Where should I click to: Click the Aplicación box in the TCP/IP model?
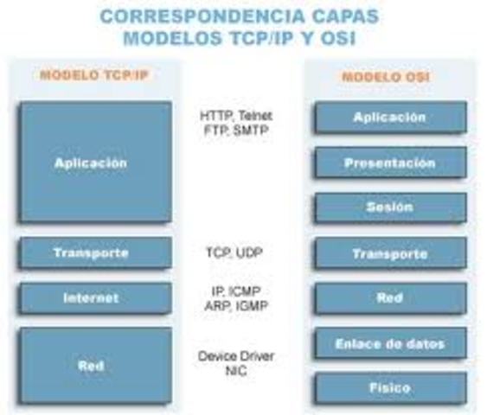pyautogui.click(x=95, y=163)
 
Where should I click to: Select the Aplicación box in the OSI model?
pyautogui.click(x=390, y=118)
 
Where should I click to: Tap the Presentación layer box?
pyautogui.click(x=390, y=163)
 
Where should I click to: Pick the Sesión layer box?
pyautogui.click(x=390, y=207)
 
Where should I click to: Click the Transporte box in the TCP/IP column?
pyautogui.click(x=95, y=253)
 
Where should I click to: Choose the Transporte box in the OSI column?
pyautogui.click(x=390, y=253)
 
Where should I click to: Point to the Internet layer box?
pyautogui.click(x=95, y=298)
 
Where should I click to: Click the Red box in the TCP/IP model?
pyautogui.click(x=95, y=366)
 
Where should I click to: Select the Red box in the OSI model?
pyautogui.click(x=390, y=298)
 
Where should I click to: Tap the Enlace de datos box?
pyautogui.click(x=390, y=343)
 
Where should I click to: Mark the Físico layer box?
pyautogui.click(x=390, y=387)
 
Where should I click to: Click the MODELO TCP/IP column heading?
pyautogui.click(x=94, y=75)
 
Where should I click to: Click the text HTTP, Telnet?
pyautogui.click(x=235, y=115)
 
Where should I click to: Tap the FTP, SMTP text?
pyautogui.click(x=235, y=130)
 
